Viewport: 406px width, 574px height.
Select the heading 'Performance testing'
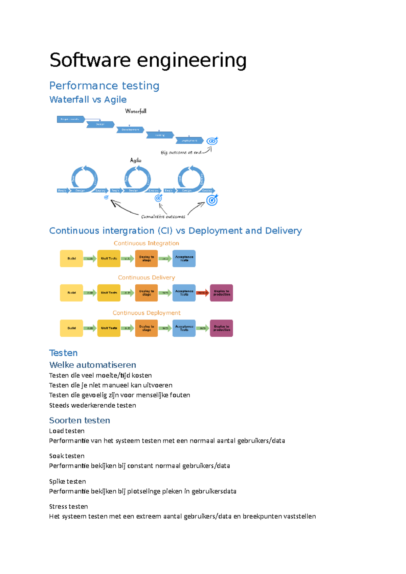click(x=104, y=86)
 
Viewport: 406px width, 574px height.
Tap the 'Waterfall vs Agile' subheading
click(x=88, y=99)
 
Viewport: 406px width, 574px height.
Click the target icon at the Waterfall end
click(x=212, y=141)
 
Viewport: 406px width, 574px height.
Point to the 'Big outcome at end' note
click(x=181, y=152)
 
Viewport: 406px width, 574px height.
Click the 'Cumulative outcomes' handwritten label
click(x=163, y=216)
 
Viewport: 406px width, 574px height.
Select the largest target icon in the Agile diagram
click(x=212, y=200)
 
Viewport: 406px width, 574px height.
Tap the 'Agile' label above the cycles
click(x=136, y=160)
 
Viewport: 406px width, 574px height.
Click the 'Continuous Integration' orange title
click(x=146, y=243)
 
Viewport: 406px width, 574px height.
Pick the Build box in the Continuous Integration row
click(x=71, y=259)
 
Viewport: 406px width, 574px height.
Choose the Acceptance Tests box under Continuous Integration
click(x=184, y=259)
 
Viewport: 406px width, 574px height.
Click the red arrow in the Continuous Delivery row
click(x=203, y=293)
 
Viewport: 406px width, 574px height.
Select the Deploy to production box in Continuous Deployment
click(x=222, y=328)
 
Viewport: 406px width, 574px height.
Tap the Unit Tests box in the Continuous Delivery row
click(x=109, y=293)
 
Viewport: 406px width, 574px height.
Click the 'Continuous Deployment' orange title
click(x=146, y=313)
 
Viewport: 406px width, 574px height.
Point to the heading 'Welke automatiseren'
click(x=93, y=365)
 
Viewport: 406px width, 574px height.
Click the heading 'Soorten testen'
click(x=80, y=420)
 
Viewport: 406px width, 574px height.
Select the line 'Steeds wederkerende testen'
click(x=92, y=405)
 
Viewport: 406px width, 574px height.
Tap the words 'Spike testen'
click(x=67, y=481)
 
